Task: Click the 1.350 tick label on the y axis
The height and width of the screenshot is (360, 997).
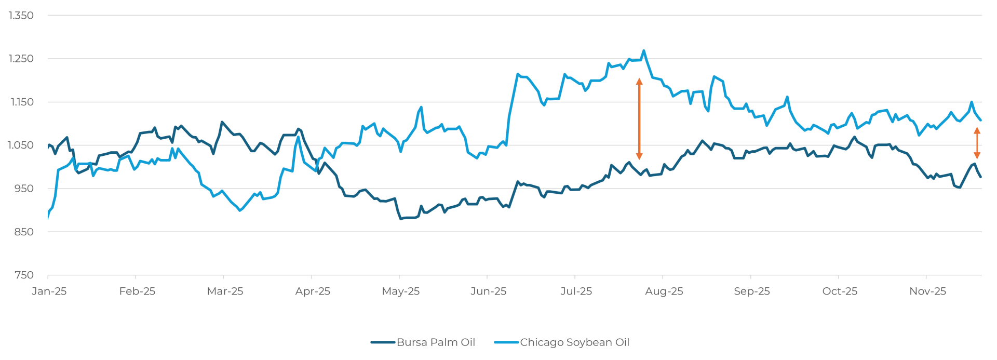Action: coord(21,16)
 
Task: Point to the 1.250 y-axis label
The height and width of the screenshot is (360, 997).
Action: coord(21,59)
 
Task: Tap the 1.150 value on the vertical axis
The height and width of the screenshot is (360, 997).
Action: coord(21,102)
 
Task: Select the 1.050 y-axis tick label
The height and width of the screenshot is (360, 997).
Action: coord(21,145)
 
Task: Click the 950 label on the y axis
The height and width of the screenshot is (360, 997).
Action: coord(24,189)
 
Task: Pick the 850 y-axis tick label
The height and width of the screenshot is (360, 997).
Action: coord(24,232)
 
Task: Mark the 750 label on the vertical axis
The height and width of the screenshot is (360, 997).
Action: coord(24,275)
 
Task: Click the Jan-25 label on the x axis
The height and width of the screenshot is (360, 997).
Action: coord(49,291)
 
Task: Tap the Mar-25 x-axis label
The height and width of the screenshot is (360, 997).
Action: coord(225,291)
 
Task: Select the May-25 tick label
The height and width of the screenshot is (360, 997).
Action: coord(400,291)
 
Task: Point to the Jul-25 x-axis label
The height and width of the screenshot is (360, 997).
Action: coord(576,291)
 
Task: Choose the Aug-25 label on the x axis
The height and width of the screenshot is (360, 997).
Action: coord(664,291)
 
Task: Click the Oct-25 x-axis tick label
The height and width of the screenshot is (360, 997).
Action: coord(839,291)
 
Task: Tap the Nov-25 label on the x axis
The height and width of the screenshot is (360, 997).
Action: coord(927,291)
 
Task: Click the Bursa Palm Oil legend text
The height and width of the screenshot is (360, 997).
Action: coord(436,342)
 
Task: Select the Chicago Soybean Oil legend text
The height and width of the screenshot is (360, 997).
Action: coord(574,342)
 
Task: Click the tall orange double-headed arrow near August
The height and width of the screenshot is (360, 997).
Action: coord(639,119)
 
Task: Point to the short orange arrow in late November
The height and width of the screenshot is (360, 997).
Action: coord(977,143)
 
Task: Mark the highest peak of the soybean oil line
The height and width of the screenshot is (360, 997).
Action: coord(644,51)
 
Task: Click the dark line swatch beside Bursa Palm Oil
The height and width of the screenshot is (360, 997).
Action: coord(383,342)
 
